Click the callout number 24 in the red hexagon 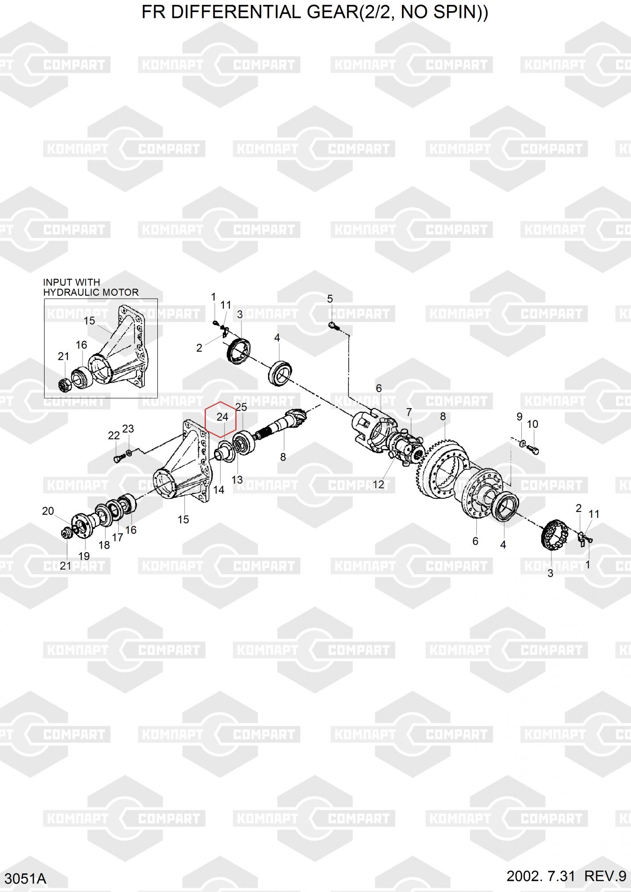click(222, 417)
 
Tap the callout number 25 click(241, 407)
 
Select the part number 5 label click(330, 299)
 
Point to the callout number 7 click(409, 412)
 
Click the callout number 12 click(378, 484)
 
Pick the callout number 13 click(237, 479)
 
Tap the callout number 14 click(218, 490)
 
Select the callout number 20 click(48, 511)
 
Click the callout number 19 click(84, 556)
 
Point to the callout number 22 click(114, 435)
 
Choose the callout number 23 click(128, 429)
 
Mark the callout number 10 click(533, 424)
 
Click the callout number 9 click(519, 417)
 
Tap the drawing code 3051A click(24, 879)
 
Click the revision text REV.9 click(605, 876)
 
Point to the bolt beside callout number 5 click(334, 326)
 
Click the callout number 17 click(117, 537)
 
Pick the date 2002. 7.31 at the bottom click(541, 876)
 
